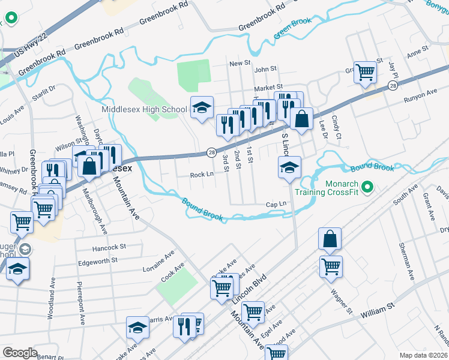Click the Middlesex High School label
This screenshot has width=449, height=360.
tap(144, 109)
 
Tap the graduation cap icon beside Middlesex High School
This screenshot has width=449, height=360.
tap(202, 108)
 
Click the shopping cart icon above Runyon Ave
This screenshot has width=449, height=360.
tap(365, 73)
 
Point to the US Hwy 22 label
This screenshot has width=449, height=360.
tap(30, 45)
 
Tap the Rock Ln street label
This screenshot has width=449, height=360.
tap(202, 175)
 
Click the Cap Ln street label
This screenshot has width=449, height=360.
tap(276, 205)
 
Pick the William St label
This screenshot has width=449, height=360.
tap(376, 310)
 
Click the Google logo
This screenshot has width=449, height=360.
tap(19, 352)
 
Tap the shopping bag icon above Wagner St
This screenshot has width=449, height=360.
tap(330, 239)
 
